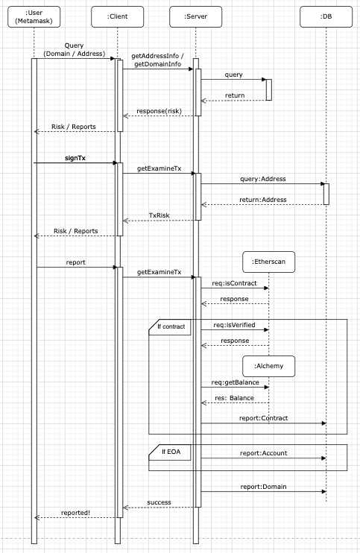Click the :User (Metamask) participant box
point(34,16)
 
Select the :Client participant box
point(118,16)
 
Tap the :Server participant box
point(196,16)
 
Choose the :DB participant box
point(326,16)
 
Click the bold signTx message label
point(75,157)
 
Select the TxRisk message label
point(159,215)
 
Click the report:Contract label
point(263,418)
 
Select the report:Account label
point(263,452)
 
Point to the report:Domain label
point(263,487)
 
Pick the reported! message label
point(75,513)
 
